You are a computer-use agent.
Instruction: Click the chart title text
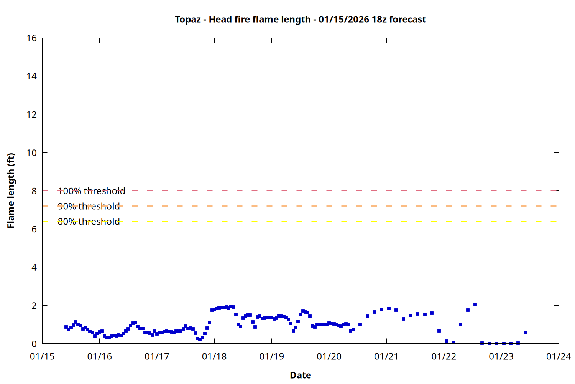pos(300,19)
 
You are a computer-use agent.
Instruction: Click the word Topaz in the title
pos(187,19)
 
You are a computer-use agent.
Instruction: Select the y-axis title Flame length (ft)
pos(11,190)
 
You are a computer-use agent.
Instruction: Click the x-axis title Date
pos(300,375)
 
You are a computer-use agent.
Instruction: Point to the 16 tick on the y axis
pos(32,38)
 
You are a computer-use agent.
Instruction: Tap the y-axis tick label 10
pos(32,153)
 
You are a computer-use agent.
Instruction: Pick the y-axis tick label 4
pos(34,267)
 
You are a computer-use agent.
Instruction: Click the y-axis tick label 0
pos(34,344)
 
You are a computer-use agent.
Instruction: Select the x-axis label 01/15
pos(42,357)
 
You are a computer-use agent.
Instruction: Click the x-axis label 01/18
pos(214,357)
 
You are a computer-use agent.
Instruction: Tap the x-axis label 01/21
pos(386,357)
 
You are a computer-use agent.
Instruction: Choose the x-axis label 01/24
pos(559,357)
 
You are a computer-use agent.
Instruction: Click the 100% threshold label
pos(91,191)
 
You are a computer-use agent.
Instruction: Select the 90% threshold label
pos(89,206)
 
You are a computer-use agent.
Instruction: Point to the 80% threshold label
pos(89,222)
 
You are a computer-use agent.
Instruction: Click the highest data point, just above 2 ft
pos(475,304)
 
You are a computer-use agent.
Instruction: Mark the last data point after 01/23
pos(525,332)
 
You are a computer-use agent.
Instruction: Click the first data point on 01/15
pos(66,327)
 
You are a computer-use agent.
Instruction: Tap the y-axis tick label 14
pos(32,76)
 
